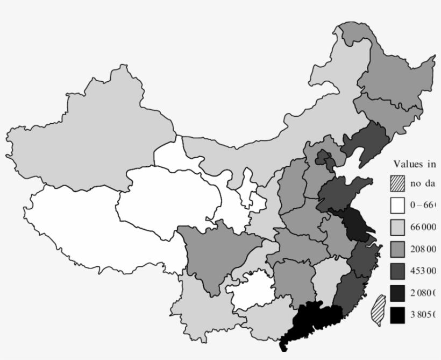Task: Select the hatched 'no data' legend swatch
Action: click(397, 183)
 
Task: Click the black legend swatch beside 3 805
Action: click(397, 315)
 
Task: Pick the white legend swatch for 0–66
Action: click(397, 206)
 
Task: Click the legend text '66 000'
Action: click(423, 227)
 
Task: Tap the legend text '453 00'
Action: click(423, 271)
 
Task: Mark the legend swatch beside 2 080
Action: click(397, 293)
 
